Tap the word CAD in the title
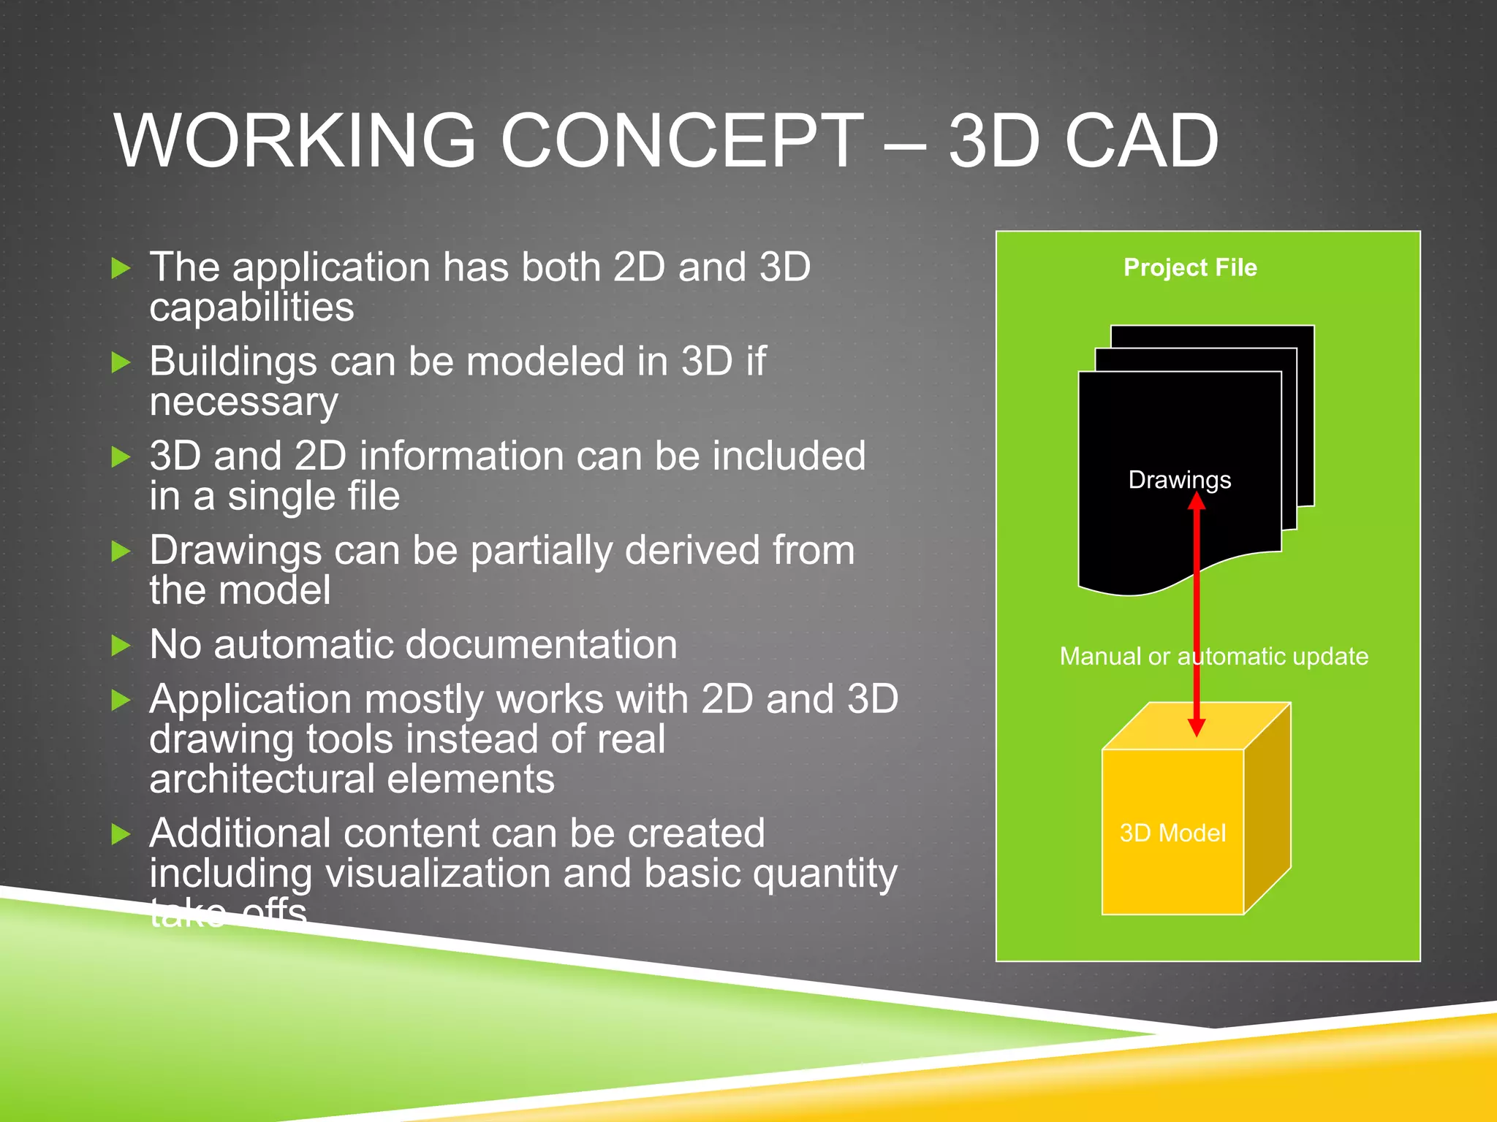pyautogui.click(x=1142, y=140)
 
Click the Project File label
pyautogui.click(x=1190, y=267)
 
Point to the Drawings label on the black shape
pyautogui.click(x=1179, y=480)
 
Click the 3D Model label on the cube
pyautogui.click(x=1172, y=833)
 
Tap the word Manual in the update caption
pyautogui.click(x=1100, y=656)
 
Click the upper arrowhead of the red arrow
pyautogui.click(x=1197, y=500)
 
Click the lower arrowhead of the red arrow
pyautogui.click(x=1197, y=727)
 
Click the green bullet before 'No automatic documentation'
pyautogui.click(x=121, y=646)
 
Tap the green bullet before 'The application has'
pyautogui.click(x=121, y=268)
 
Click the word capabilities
pyautogui.click(x=251, y=307)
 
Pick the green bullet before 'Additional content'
pyautogui.click(x=121, y=834)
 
